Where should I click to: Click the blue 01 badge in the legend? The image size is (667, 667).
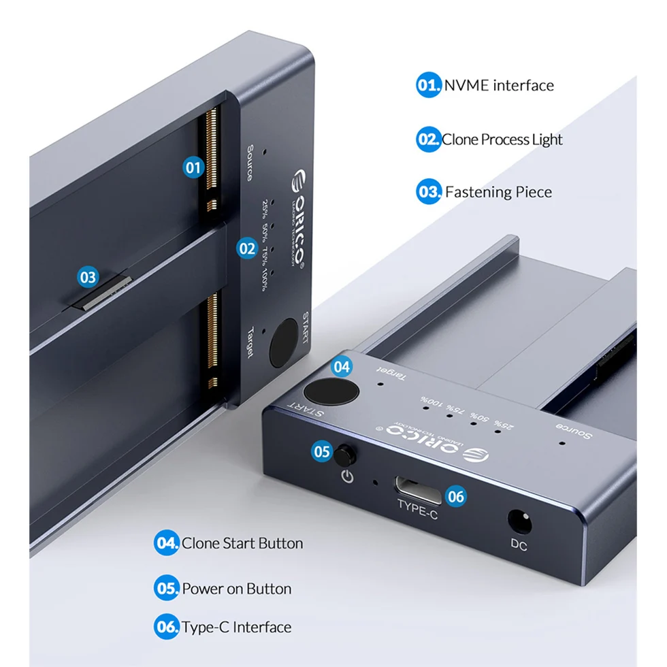coord(429,86)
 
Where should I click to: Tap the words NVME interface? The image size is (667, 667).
coord(499,86)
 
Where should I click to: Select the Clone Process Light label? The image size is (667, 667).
coord(502,140)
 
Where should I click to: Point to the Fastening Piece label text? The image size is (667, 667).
coord(498,192)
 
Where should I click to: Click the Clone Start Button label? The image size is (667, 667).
coord(242,543)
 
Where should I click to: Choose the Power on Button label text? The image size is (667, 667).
coord(236,589)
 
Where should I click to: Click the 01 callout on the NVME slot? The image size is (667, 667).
coord(195,167)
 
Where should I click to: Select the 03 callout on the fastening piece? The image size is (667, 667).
coord(88,277)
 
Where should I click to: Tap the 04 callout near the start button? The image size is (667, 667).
coord(342,367)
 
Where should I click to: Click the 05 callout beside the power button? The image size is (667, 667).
coord(323,451)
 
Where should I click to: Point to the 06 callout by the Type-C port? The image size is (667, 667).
coord(456,497)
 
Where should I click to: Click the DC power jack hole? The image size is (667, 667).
coord(519,521)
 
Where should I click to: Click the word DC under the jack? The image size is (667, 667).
coord(519,545)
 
